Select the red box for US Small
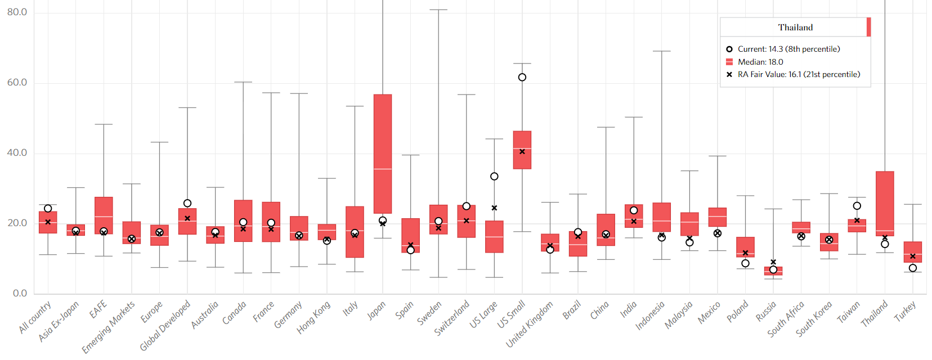[522, 150]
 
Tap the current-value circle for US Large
[494, 177]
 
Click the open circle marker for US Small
[522, 78]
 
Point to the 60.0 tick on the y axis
[17, 83]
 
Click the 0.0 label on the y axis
[20, 293]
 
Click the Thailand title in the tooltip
[795, 28]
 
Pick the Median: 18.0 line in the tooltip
[760, 62]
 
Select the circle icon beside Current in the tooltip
[729, 49]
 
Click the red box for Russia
[773, 271]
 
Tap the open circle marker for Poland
[745, 263]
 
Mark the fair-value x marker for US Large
[494, 208]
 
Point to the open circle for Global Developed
[187, 203]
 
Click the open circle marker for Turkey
[913, 268]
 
